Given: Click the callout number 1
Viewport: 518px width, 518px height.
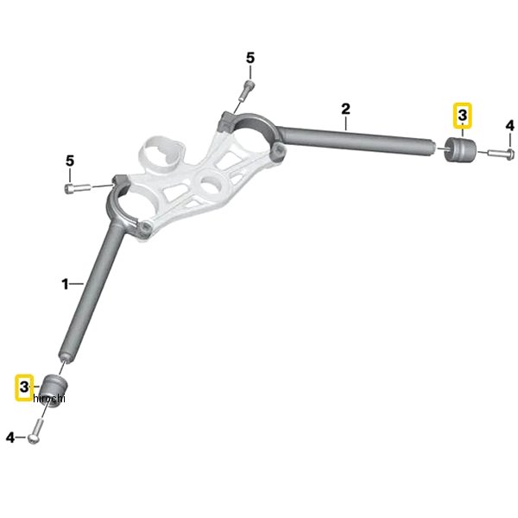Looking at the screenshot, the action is [x=65, y=284].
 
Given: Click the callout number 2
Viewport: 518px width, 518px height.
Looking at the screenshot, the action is [x=345, y=109].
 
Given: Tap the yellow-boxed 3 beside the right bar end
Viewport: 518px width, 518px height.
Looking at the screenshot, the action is [x=463, y=116].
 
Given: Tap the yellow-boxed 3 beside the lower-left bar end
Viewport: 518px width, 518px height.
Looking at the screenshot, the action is [x=24, y=387].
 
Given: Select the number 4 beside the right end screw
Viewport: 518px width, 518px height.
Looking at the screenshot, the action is [x=509, y=126].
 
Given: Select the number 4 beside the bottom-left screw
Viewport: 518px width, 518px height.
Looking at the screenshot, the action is [x=10, y=438].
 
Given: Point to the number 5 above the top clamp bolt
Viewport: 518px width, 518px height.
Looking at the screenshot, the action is [x=250, y=58].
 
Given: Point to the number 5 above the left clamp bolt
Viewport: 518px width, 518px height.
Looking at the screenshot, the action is [x=70, y=161].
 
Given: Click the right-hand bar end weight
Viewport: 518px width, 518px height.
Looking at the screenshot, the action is [x=459, y=150].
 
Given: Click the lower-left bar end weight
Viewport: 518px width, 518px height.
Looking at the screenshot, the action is [x=54, y=391].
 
